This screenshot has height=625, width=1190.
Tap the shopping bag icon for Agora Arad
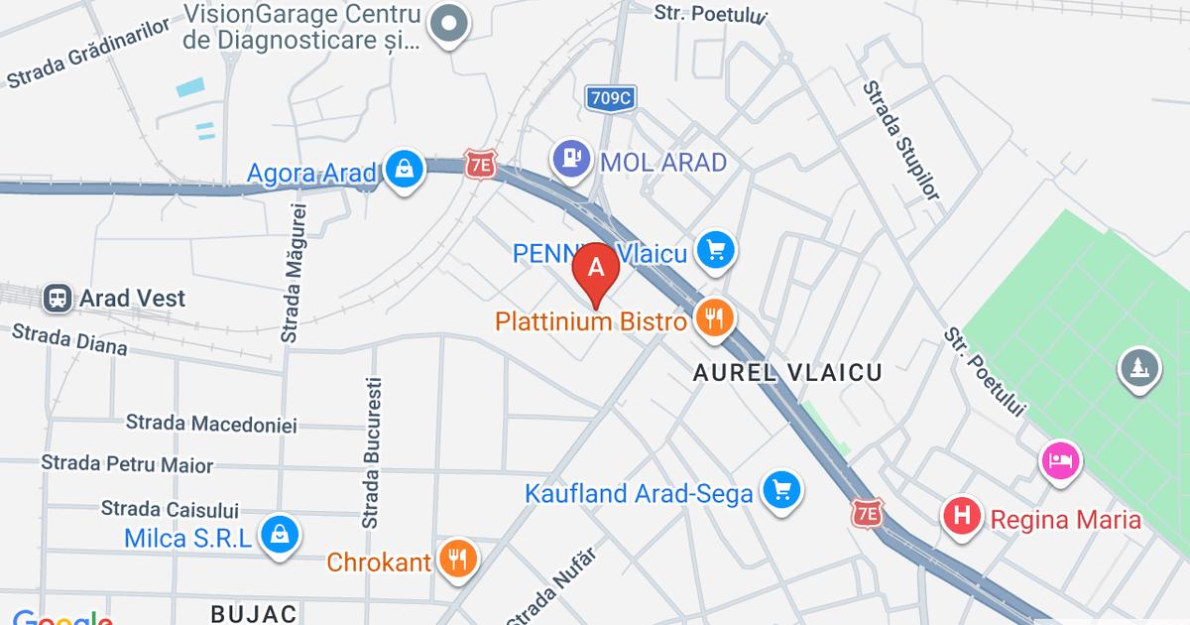tap(405, 170)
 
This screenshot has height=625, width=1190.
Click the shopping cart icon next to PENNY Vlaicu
tap(715, 250)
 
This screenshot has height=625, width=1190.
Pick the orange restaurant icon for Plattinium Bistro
tap(714, 318)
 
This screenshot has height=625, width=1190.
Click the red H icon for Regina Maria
tap(961, 516)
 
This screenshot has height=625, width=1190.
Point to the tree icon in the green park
tap(1139, 369)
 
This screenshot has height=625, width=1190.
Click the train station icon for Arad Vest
tap(58, 298)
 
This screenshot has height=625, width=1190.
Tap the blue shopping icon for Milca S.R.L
tap(281, 535)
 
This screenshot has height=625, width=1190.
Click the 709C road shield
tap(610, 97)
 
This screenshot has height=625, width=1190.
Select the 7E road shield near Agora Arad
tap(480, 166)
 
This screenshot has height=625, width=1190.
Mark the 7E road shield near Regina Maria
tap(867, 513)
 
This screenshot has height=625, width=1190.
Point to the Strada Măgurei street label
tap(292, 273)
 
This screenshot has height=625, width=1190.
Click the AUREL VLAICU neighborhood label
tap(787, 373)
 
